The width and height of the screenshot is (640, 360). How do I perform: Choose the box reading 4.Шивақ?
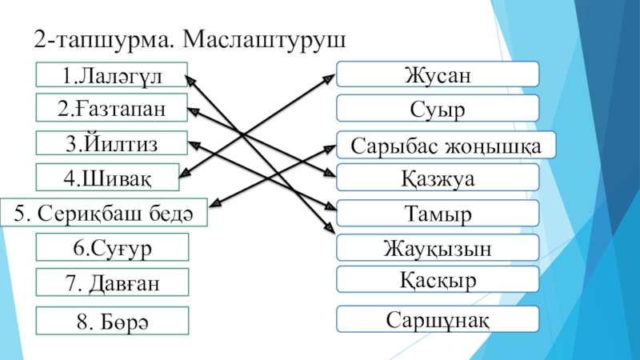(110, 176)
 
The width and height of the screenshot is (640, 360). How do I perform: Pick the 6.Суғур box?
(112, 247)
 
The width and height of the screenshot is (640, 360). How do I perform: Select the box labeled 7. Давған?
(112, 282)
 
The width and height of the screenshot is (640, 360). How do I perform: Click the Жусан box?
(437, 74)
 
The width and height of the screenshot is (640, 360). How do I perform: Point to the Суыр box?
(437, 108)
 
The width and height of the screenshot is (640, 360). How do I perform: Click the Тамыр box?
(437, 214)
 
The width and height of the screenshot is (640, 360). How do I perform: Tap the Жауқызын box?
(437, 247)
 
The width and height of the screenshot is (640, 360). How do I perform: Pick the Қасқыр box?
(437, 280)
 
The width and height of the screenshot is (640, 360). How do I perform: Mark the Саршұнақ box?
(437, 318)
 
